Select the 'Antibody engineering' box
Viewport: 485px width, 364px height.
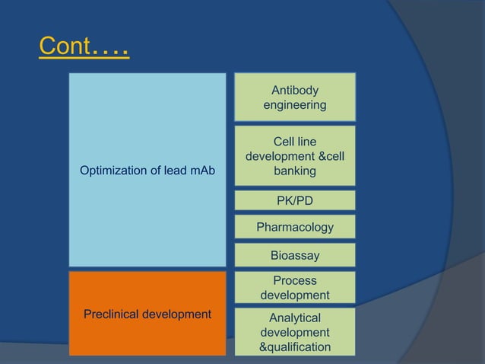[295, 97]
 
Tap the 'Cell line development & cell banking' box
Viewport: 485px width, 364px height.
[295, 157]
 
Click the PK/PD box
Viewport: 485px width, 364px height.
[295, 201]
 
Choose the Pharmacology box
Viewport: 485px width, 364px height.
[295, 227]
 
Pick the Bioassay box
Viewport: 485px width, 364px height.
[295, 255]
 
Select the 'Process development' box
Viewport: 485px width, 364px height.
[295, 288]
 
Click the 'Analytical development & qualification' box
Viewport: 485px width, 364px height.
[295, 333]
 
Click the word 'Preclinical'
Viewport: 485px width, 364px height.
[113, 313]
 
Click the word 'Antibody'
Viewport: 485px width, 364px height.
[295, 90]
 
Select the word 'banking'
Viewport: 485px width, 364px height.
[295, 171]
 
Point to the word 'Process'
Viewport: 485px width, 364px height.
[295, 281]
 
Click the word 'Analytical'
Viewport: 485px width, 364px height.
[295, 318]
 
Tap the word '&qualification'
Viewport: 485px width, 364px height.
[295, 347]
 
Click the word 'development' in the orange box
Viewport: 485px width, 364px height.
[178, 313]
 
